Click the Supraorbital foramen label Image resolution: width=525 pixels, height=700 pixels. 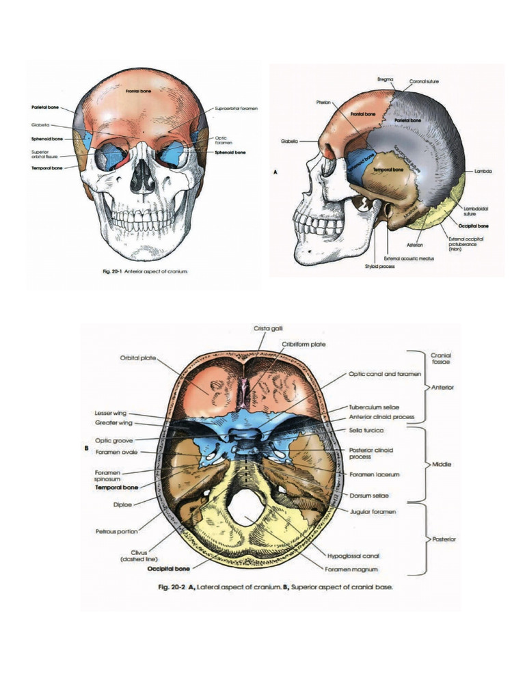coord(236,109)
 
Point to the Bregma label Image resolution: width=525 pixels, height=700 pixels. coord(385,79)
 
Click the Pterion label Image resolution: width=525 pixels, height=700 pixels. coord(323,102)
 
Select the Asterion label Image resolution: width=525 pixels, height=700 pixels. coord(415,244)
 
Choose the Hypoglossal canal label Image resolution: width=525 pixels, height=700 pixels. coord(353,556)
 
